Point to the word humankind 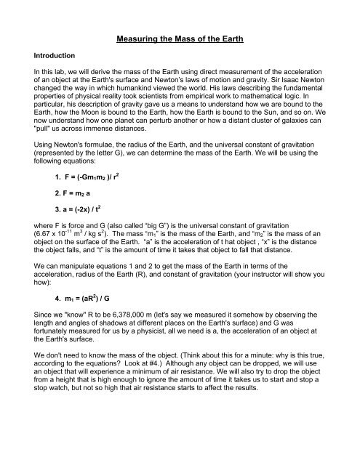click(148, 94)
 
